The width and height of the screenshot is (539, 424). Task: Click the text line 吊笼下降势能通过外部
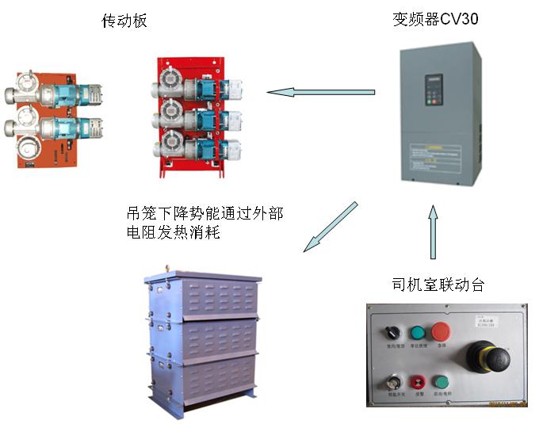point(204,213)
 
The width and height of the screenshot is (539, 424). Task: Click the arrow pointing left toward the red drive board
point(320,93)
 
